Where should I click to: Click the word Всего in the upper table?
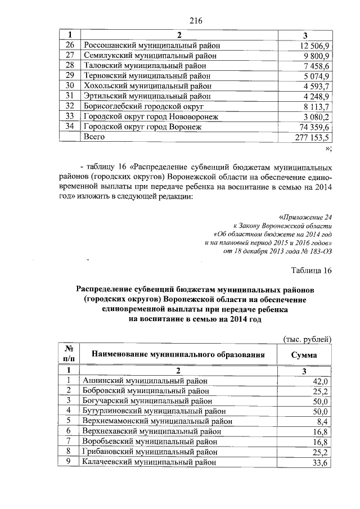tap(95, 137)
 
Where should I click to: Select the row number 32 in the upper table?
tap(70, 106)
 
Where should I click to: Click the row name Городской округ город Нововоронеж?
tap(151, 117)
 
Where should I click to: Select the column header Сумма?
tap(304, 355)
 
